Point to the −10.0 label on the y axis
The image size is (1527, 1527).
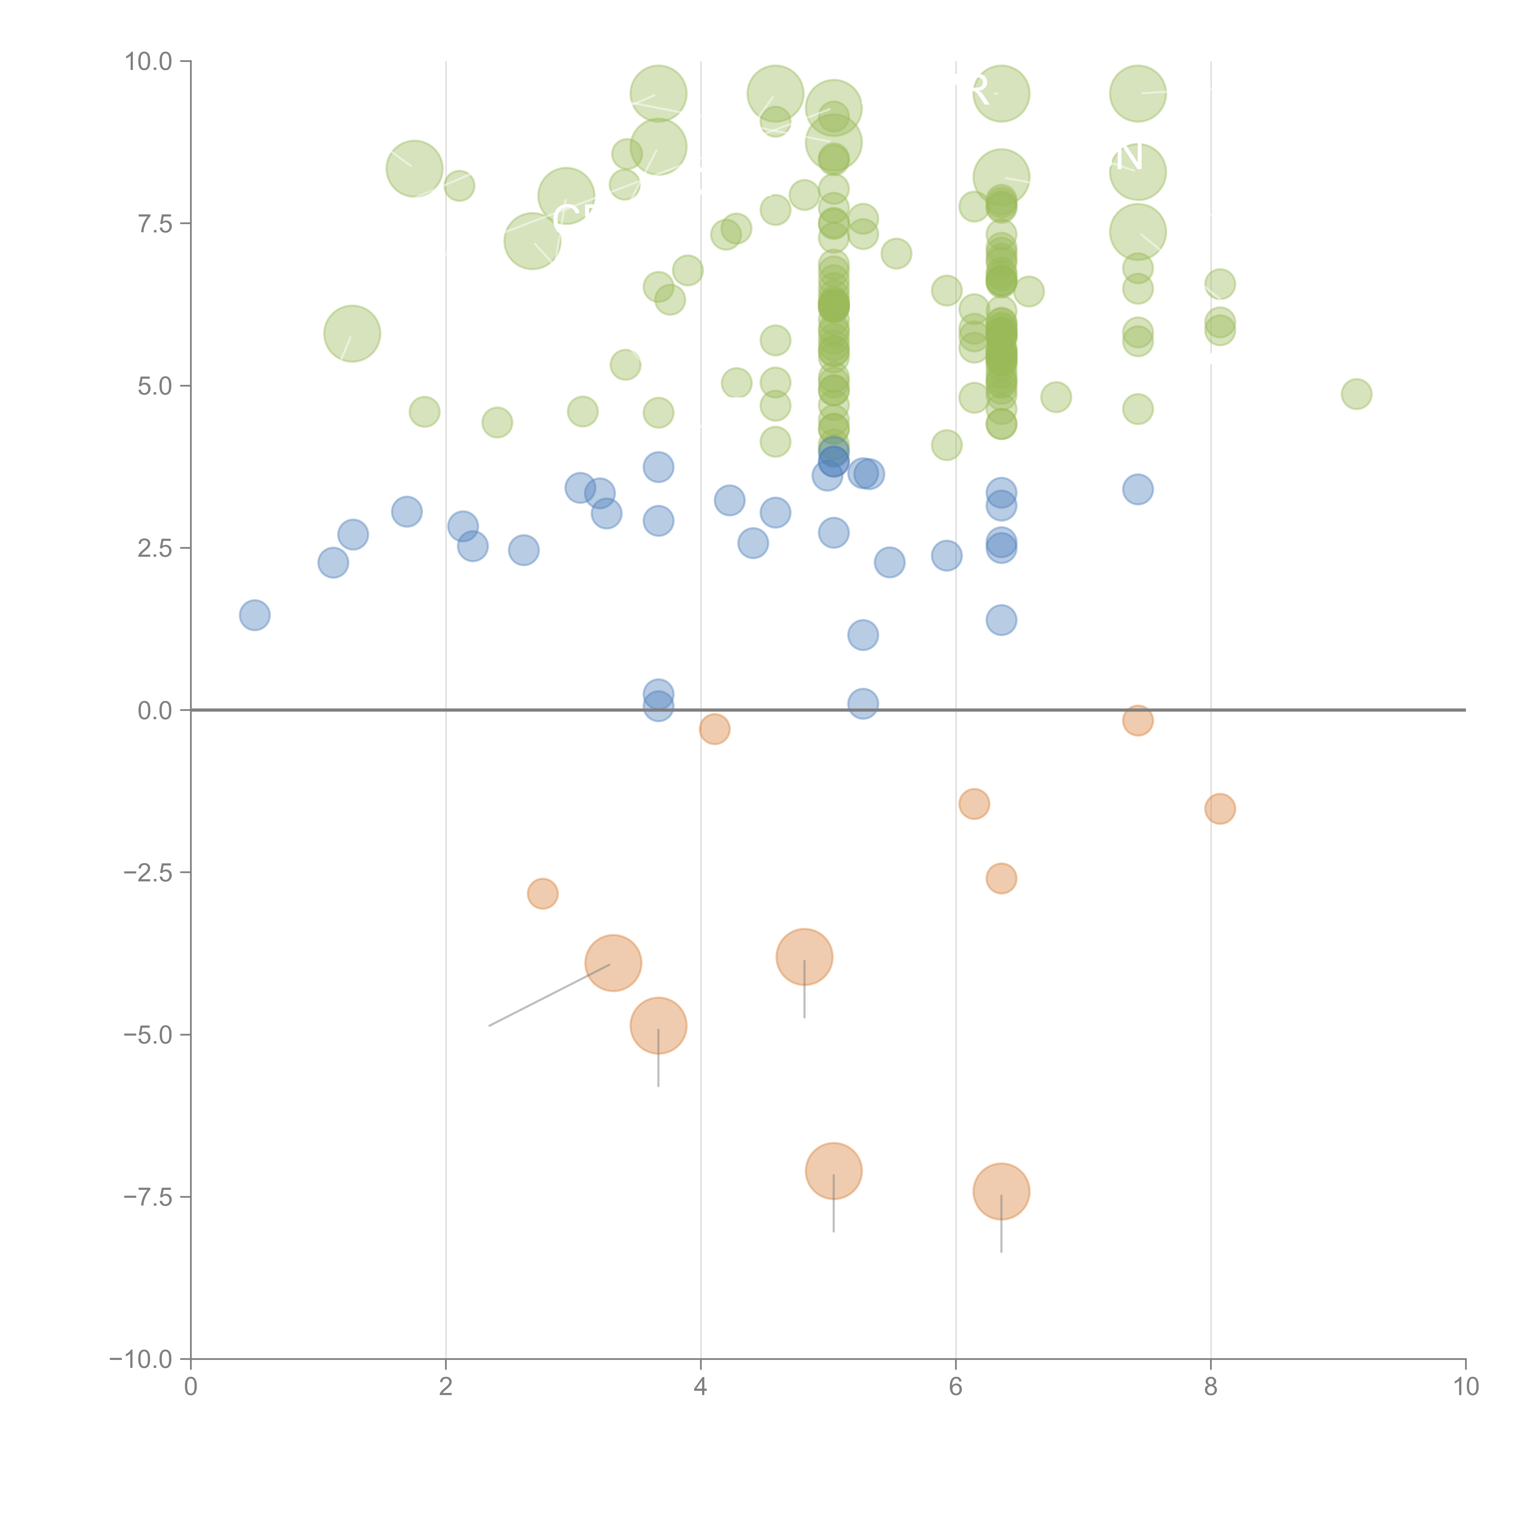(141, 1359)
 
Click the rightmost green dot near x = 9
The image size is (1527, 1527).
(1356, 394)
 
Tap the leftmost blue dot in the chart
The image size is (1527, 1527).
(254, 615)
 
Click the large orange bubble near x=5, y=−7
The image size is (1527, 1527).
(834, 1171)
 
